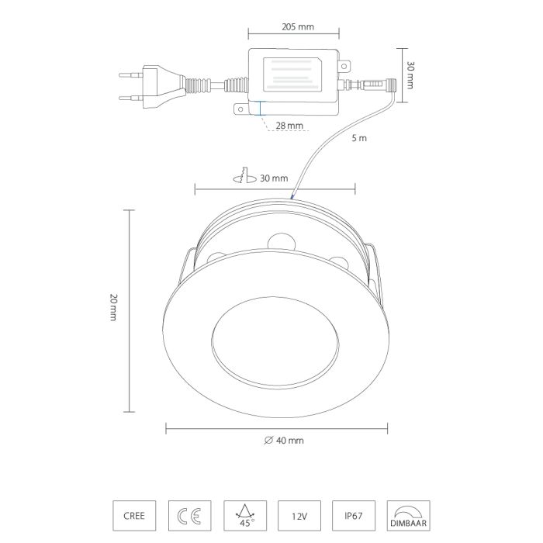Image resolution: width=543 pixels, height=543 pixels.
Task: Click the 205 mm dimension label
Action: pos(297,26)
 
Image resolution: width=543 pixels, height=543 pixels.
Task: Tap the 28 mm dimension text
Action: pos(289,126)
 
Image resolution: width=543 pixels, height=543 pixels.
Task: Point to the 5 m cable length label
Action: pos(359,138)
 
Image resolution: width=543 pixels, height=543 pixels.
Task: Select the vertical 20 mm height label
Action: pos(113,307)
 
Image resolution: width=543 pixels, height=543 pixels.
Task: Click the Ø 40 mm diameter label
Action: pos(284,441)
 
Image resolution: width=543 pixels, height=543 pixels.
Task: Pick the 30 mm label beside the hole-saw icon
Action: pos(274,178)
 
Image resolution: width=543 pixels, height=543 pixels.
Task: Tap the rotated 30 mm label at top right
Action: pos(410,75)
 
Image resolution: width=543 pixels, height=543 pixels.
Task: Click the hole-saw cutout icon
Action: pos(245,175)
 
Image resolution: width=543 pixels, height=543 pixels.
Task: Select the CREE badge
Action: pos(134,516)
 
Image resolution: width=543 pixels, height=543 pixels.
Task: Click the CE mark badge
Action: pos(190,516)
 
